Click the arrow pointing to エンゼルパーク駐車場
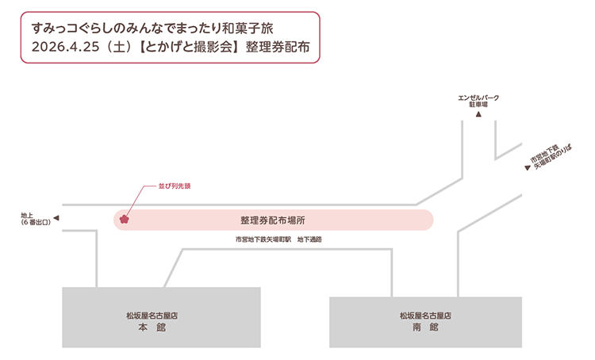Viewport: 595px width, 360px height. point(478,115)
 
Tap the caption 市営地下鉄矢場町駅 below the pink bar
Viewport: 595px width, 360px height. point(263,239)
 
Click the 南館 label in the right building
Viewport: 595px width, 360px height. point(425,327)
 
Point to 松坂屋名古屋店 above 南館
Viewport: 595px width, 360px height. point(425,315)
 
